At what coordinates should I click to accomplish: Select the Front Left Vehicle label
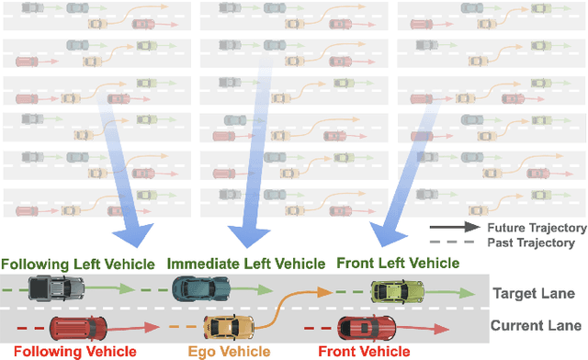click(x=397, y=263)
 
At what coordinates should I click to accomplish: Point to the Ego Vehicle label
click(x=230, y=351)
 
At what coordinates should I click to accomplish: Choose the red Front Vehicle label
click(x=364, y=351)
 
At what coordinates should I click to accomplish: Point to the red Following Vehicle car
click(x=77, y=327)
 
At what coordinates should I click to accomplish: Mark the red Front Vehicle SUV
click(x=367, y=326)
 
